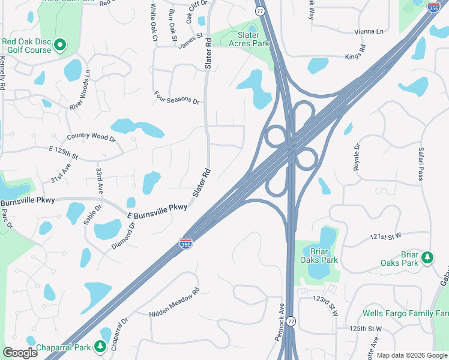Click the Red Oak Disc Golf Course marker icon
click(x=60, y=45)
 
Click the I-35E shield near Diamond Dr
click(x=186, y=243)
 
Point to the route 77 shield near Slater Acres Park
click(x=259, y=11)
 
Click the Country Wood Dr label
click(x=91, y=137)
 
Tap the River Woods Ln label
click(x=80, y=90)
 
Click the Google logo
click(x=20, y=353)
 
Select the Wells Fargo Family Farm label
click(x=406, y=313)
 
